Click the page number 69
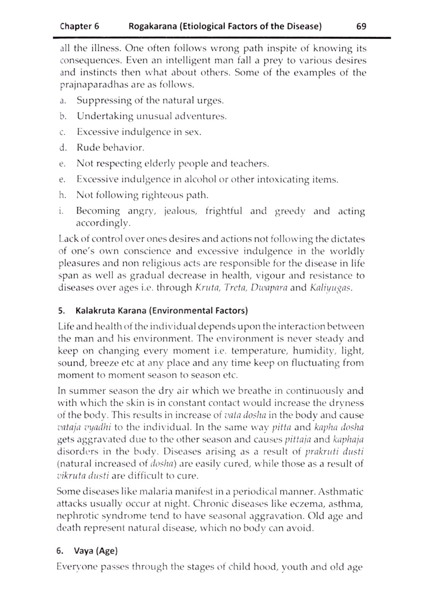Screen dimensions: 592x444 click(x=361, y=26)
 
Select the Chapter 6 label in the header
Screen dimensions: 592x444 click(x=79, y=26)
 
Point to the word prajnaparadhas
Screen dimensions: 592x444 click(x=93, y=85)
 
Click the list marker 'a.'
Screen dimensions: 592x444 click(x=62, y=101)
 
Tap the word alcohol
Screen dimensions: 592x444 click(x=200, y=179)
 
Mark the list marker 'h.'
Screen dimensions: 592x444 click(x=62, y=195)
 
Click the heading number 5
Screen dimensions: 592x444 click(x=61, y=311)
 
